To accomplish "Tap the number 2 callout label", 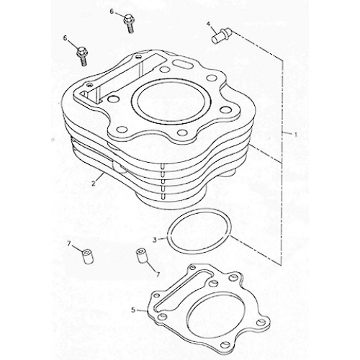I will (x=94, y=184).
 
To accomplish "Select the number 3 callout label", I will (x=154, y=239).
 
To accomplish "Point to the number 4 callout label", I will (x=210, y=24).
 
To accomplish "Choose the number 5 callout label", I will (x=133, y=310).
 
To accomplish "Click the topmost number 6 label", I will (x=113, y=12).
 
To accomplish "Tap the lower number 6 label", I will (x=66, y=37).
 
